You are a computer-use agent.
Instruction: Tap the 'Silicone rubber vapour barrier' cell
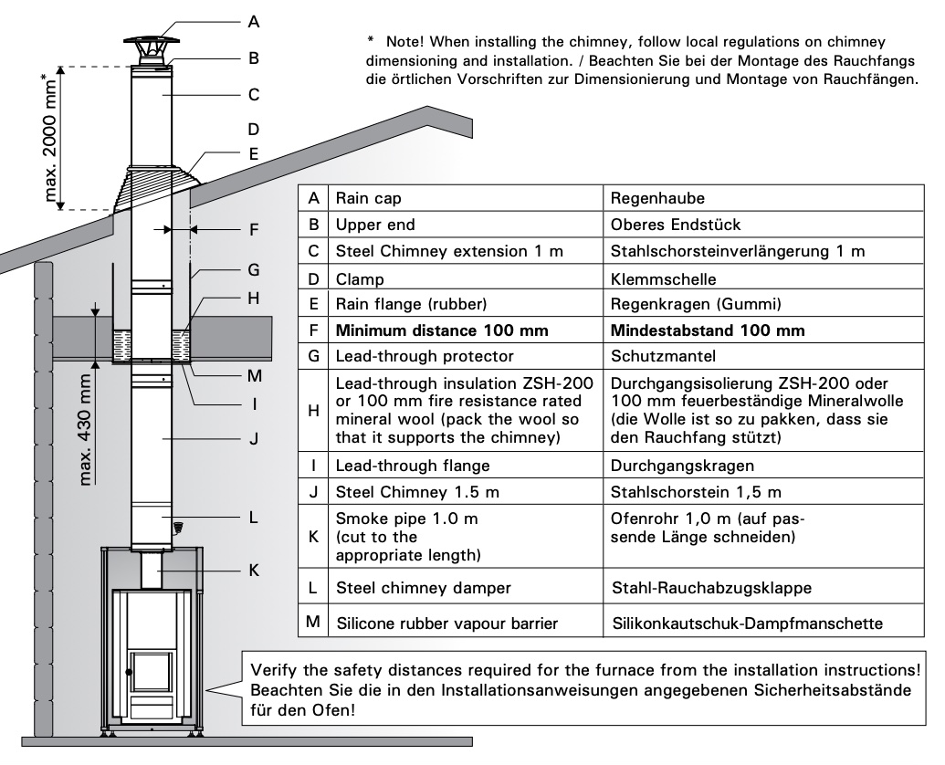pos(447,624)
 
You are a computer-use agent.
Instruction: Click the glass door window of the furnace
pos(152,670)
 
